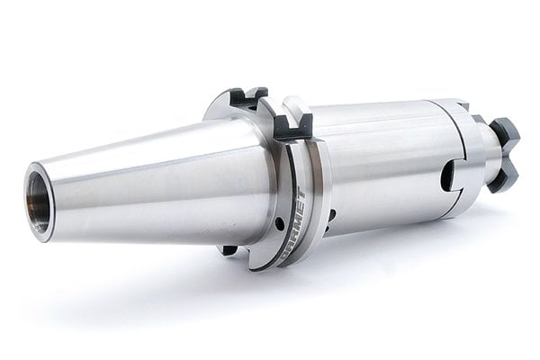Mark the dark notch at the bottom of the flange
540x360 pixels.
[x=231, y=249]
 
